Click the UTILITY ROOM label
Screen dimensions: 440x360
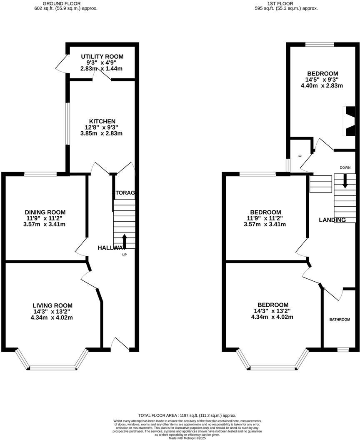coord(102,57)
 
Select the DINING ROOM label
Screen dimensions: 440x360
coord(45,212)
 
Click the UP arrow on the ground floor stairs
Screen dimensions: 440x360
coord(124,241)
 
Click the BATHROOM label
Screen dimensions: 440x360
coord(340,320)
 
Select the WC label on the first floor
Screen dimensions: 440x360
coord(300,157)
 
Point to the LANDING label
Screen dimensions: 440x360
coord(332,220)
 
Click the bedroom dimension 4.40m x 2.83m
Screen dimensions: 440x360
coord(322,86)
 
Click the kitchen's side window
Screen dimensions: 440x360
coord(67,124)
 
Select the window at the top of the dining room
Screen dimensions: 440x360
coord(40,174)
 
